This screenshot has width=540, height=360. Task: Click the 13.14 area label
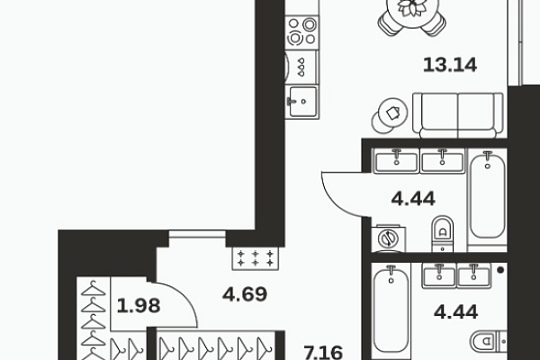[450, 65]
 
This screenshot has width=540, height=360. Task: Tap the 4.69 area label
[245, 294]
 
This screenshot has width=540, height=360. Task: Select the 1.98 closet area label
[139, 306]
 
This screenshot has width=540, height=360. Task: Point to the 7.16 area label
[323, 353]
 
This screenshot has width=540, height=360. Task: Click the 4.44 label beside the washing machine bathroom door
[413, 199]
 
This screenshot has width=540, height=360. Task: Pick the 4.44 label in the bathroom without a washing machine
[455, 312]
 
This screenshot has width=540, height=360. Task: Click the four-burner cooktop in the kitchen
[302, 32]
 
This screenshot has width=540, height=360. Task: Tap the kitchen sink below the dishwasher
[302, 102]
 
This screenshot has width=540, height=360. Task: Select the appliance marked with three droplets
[301, 67]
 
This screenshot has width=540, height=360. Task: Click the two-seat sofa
[458, 115]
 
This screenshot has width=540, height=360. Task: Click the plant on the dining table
[411, 7]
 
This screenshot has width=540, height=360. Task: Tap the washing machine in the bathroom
[389, 238]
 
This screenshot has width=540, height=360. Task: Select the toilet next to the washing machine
[443, 234]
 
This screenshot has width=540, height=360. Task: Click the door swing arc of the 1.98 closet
[184, 295]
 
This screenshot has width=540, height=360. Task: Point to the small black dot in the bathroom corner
[500, 270]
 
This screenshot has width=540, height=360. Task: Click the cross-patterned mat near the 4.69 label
[256, 258]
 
